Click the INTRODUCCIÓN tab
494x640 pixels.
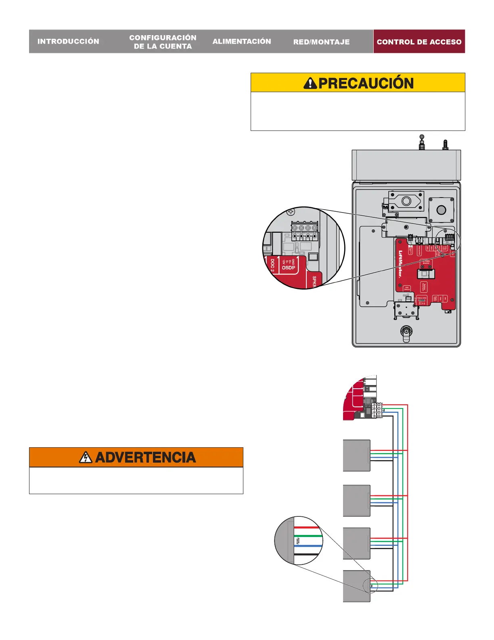[x=68, y=41]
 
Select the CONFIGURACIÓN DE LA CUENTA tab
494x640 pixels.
[x=163, y=42]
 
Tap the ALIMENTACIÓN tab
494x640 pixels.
[x=242, y=41]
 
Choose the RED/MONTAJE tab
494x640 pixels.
[x=321, y=42]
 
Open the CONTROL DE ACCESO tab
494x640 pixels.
[x=419, y=42]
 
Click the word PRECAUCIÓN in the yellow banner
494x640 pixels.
[x=366, y=83]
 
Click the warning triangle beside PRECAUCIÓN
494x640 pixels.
[x=310, y=83]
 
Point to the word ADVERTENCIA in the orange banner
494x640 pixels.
[x=146, y=457]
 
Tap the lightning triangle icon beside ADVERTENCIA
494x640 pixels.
[x=86, y=457]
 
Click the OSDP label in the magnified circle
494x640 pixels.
[x=289, y=267]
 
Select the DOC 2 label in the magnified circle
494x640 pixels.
[x=272, y=265]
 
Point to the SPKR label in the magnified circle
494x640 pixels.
[x=314, y=281]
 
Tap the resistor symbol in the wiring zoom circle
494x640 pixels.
[x=297, y=541]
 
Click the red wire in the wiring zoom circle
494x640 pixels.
[x=307, y=527]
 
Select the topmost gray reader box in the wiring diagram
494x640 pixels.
[x=356, y=455]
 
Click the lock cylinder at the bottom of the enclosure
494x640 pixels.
[x=406, y=332]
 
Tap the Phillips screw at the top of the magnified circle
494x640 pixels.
[x=291, y=212]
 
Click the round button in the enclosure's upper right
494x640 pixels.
[x=441, y=210]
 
